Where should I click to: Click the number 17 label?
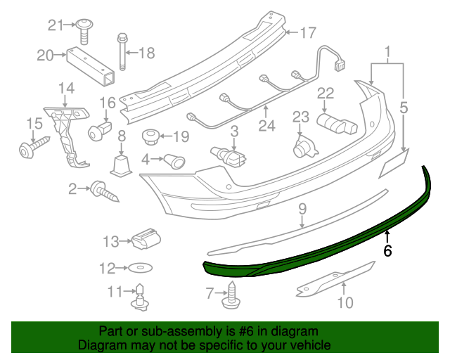(x=309, y=32)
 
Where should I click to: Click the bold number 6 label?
(x=387, y=250)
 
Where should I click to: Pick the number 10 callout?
(x=345, y=304)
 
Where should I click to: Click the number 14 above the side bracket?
(x=66, y=88)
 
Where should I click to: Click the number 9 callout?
(x=302, y=209)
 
